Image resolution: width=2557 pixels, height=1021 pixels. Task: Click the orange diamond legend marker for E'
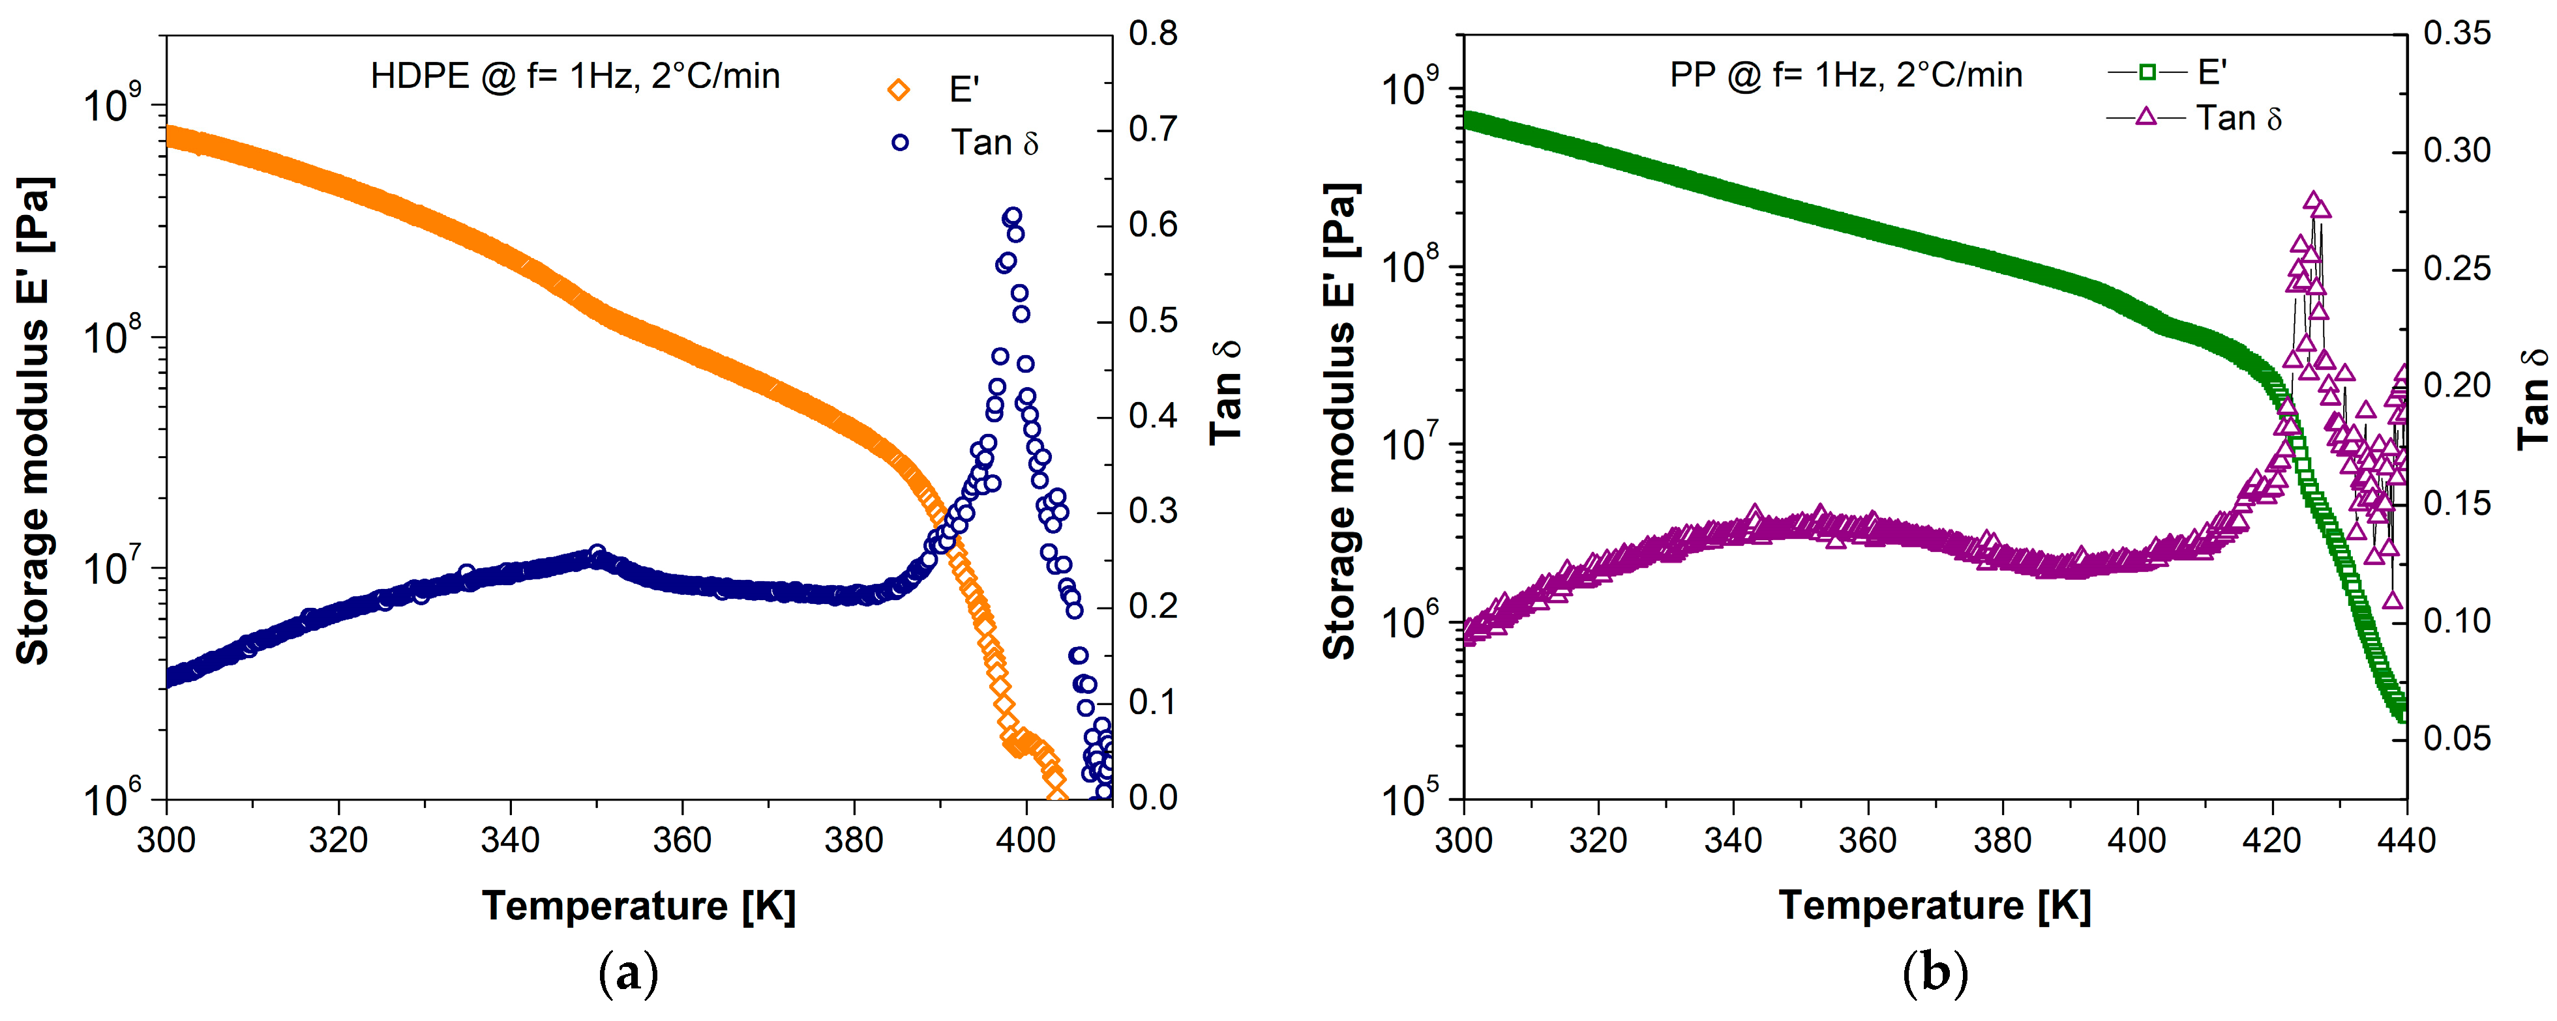click(899, 91)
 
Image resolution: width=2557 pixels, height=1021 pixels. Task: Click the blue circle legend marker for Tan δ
click(899, 143)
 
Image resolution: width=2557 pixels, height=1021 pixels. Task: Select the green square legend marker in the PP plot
click(2146, 72)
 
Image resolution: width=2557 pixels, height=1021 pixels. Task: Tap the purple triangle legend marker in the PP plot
click(2146, 117)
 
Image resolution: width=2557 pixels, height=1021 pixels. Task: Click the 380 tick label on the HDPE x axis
click(854, 841)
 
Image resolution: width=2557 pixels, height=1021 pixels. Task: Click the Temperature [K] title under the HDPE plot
click(639, 906)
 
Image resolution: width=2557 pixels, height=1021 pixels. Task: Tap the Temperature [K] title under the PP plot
click(1936, 906)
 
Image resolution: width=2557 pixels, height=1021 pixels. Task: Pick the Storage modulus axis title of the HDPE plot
click(33, 421)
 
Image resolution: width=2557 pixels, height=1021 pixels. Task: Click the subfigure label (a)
click(629, 974)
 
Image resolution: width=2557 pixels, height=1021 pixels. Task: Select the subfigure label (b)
click(1936, 974)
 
